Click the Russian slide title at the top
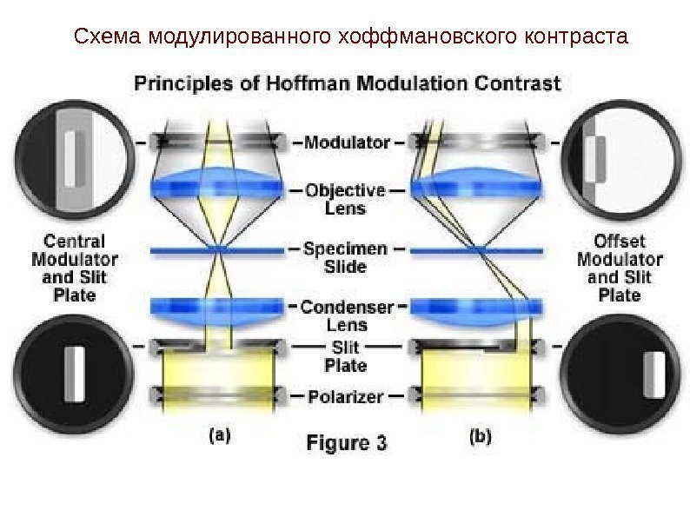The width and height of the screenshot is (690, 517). (x=350, y=37)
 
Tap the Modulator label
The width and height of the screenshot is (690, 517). (x=347, y=142)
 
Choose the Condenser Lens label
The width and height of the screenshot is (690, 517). (x=346, y=315)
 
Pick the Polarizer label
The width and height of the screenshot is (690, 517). (x=345, y=397)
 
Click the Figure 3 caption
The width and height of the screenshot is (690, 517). (x=346, y=443)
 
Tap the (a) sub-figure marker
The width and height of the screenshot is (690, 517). (x=218, y=437)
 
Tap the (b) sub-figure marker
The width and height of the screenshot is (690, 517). (x=480, y=437)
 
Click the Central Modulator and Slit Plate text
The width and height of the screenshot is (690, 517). (x=75, y=268)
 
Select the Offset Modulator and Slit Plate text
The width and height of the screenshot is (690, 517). (x=619, y=268)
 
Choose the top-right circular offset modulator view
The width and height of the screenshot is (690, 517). (x=619, y=160)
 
